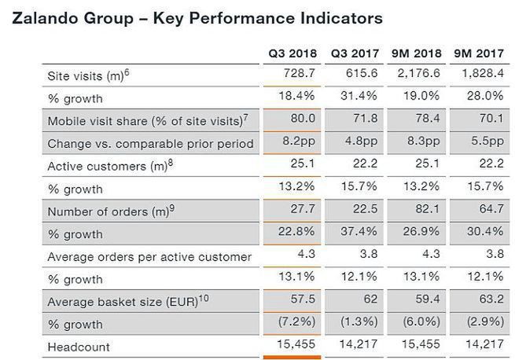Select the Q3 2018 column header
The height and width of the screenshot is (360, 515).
292,54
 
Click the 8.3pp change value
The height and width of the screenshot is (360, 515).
423,143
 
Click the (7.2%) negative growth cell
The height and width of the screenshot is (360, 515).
297,324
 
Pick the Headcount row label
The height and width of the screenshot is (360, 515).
76,347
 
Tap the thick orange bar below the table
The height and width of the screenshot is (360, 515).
292,358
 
